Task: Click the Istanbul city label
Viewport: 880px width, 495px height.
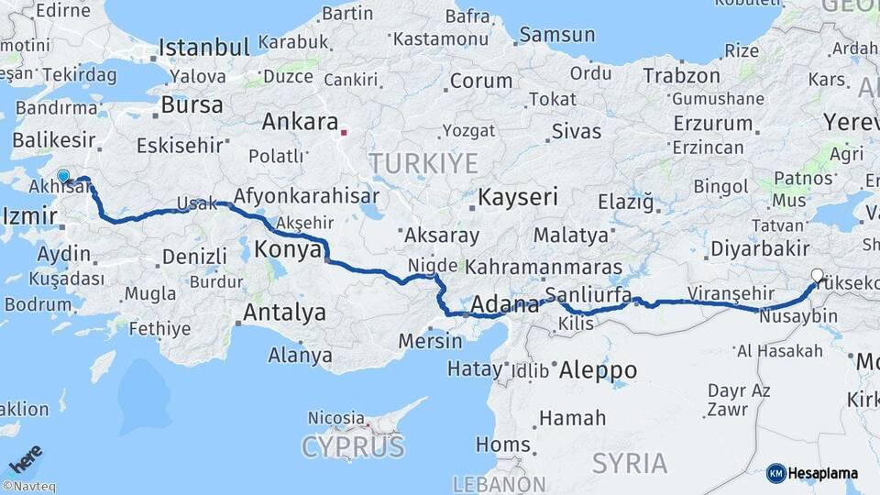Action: click(204, 48)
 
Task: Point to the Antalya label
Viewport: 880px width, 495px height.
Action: click(283, 313)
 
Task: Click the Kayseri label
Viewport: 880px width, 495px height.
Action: click(518, 197)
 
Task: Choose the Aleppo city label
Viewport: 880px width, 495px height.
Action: click(597, 370)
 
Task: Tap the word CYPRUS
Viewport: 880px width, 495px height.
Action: click(353, 447)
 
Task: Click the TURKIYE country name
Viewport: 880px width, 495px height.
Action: click(423, 164)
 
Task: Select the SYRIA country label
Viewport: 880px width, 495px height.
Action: click(630, 463)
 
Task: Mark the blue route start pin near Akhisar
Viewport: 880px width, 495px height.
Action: click(64, 176)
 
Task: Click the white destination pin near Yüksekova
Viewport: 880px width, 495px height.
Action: click(817, 274)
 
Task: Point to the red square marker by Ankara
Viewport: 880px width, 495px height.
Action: click(344, 132)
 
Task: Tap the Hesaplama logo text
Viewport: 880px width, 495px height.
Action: click(822, 473)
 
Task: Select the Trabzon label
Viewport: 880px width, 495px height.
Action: click(680, 76)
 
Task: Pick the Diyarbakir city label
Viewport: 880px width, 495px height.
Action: click(760, 248)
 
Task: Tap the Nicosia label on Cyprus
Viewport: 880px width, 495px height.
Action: click(336, 418)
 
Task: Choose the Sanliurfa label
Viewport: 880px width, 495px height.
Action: click(588, 295)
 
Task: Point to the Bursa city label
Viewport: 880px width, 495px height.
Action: click(192, 104)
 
